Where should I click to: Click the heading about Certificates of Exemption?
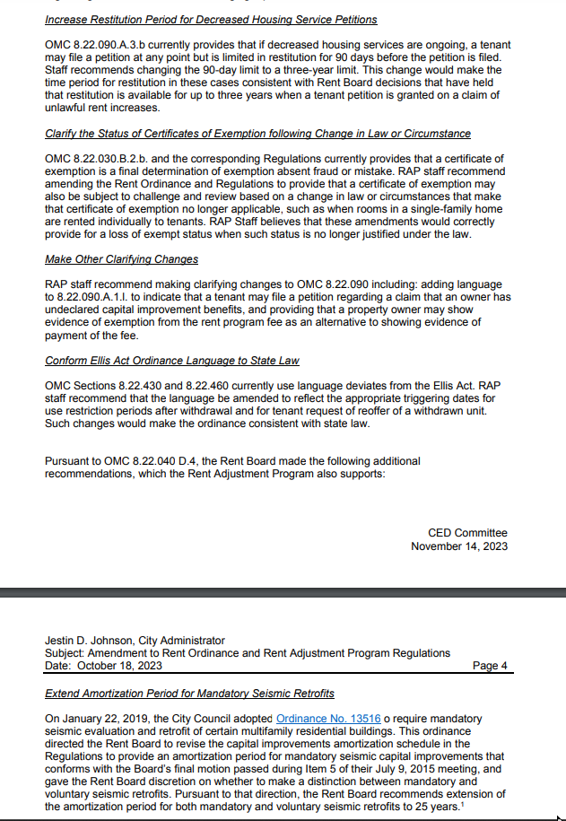[257, 134]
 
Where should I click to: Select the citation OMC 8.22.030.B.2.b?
[93, 159]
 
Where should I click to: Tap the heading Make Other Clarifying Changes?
[121, 259]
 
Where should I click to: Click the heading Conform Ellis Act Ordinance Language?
[171, 361]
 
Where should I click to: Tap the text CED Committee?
[467, 533]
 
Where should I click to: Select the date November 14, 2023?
[458, 546]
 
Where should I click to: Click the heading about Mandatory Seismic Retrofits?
[189, 694]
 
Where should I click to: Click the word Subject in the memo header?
[64, 653]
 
